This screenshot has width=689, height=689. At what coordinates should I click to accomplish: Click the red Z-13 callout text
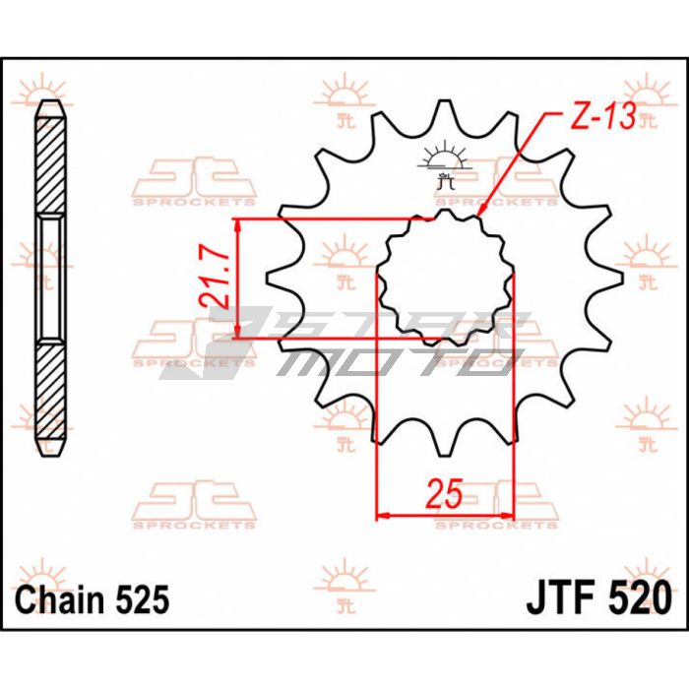point(602,116)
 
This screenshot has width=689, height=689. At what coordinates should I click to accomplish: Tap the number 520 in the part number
point(640,598)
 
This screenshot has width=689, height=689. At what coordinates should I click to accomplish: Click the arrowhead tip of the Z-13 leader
point(477,217)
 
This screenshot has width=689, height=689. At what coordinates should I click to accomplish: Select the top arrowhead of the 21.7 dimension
point(238,219)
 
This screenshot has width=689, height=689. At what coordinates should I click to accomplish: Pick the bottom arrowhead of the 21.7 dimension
point(238,339)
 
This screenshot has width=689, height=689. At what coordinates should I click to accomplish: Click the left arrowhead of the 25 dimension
point(377,515)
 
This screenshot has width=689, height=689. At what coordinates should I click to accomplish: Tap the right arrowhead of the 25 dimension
point(513,515)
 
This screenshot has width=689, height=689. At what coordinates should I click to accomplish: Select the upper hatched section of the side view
point(50,165)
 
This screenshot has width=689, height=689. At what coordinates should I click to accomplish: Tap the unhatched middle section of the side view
point(50,279)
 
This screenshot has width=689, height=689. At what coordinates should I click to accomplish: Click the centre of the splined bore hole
point(445,279)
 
